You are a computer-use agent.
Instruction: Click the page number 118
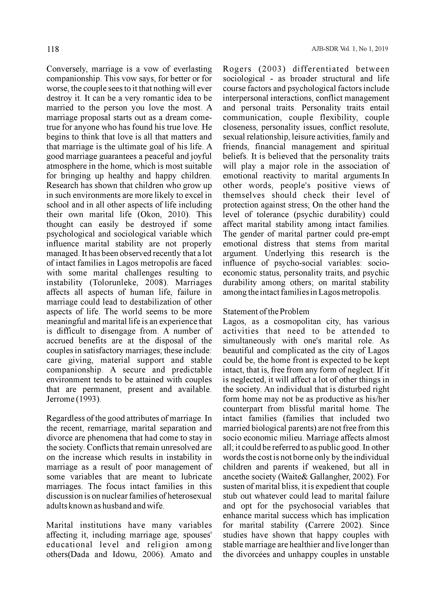53,49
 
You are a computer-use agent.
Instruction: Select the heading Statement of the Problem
266,312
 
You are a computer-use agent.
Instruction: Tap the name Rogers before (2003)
237,69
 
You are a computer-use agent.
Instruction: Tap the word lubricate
195,477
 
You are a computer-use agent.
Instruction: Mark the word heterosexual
187,496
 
